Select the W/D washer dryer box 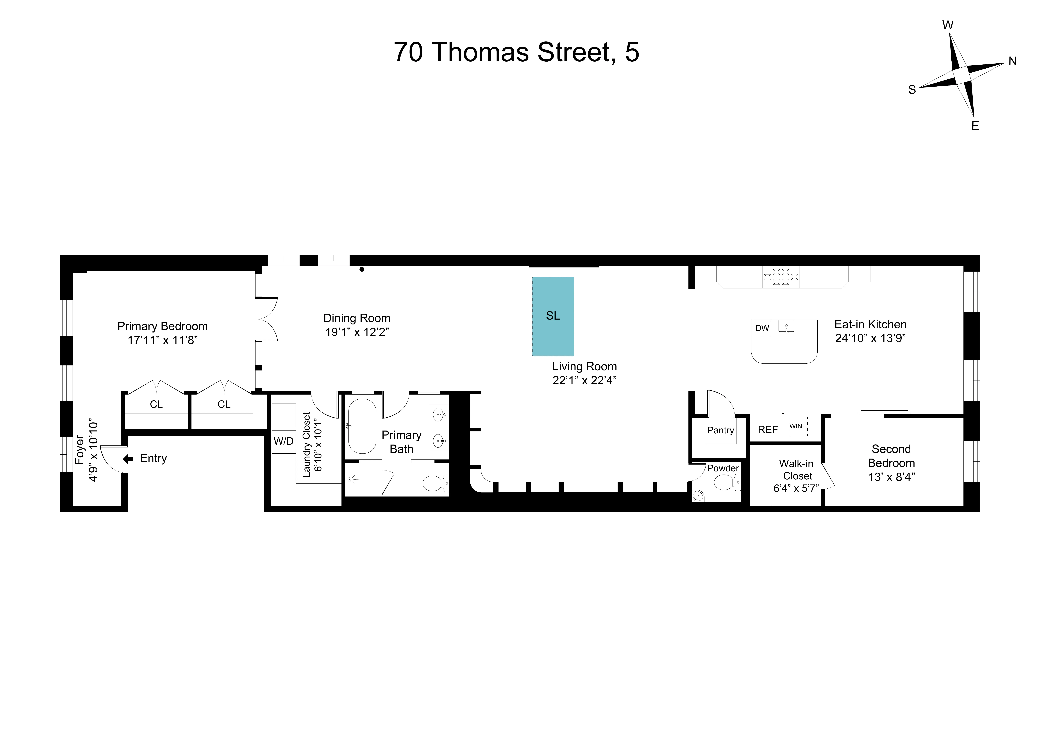pos(284,441)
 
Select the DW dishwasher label pos(762,328)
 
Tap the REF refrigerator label pos(768,429)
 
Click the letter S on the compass pos(912,90)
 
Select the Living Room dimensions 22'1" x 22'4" pos(584,380)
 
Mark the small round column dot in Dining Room pos(362,269)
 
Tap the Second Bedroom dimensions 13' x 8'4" pos(891,477)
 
